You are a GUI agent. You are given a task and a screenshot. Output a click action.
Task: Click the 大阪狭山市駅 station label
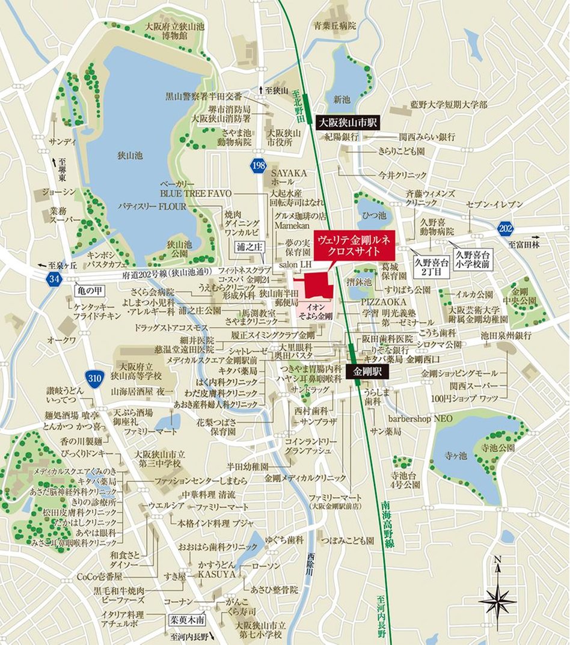[346, 123]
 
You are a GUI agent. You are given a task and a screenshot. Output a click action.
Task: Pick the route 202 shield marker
[506, 228]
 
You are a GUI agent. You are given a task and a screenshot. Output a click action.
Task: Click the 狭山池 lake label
[130, 155]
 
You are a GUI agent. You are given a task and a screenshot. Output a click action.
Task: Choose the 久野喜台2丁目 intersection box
[427, 265]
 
